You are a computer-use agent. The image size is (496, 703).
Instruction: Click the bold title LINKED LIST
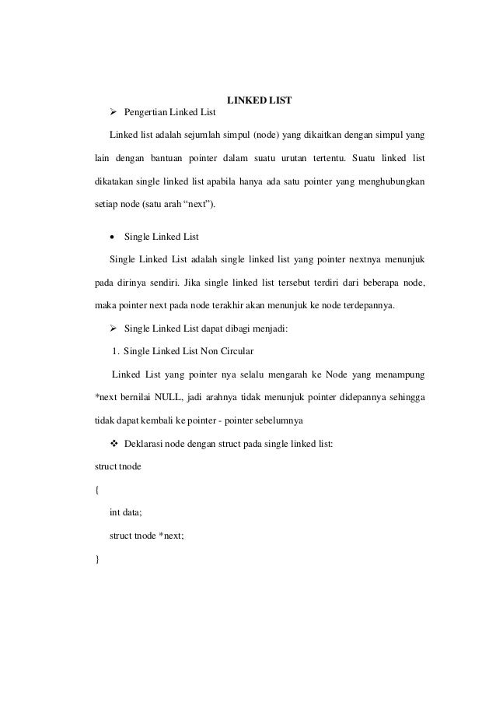(259, 100)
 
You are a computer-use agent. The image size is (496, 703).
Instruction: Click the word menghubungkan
(393, 185)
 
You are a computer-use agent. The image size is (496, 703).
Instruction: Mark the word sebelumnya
(276, 420)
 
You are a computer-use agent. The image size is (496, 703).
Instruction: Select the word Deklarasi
(145, 444)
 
